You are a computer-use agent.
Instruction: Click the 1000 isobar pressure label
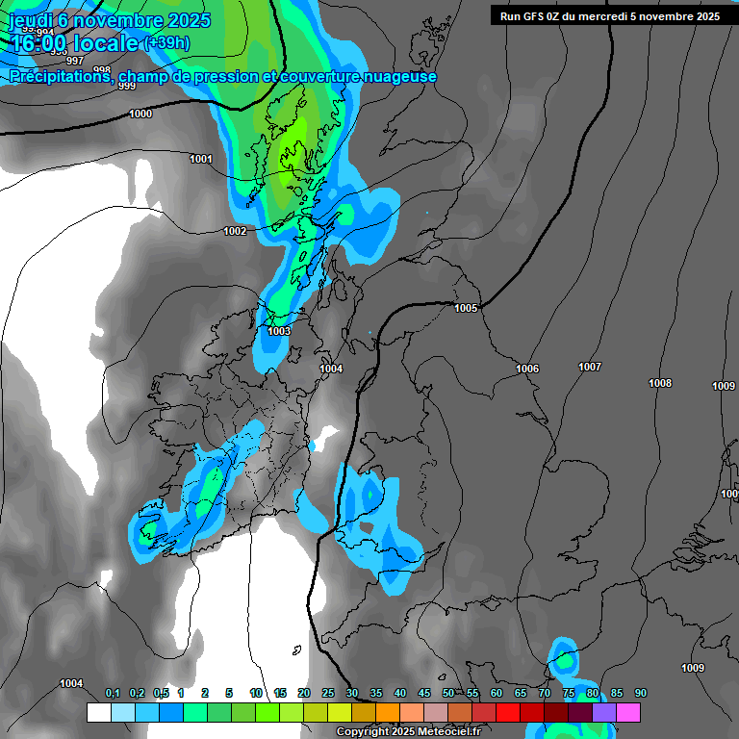(x=140, y=114)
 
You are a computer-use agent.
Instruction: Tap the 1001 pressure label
(x=201, y=159)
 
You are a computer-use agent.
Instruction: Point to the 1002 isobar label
(x=235, y=231)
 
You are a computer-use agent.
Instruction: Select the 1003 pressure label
(x=279, y=331)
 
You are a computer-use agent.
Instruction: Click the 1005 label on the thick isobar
(x=466, y=308)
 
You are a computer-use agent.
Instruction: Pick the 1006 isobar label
(x=527, y=369)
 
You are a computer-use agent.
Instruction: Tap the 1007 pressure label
(x=590, y=367)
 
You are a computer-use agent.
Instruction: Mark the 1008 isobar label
(x=660, y=383)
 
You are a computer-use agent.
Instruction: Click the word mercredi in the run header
(x=608, y=16)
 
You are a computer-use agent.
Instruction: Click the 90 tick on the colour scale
(x=641, y=694)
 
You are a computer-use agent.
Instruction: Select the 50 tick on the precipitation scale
(x=448, y=694)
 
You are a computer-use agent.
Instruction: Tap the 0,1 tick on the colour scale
(x=113, y=694)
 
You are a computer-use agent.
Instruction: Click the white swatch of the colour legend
(x=98, y=712)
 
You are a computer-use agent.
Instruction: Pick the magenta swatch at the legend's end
(x=628, y=712)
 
